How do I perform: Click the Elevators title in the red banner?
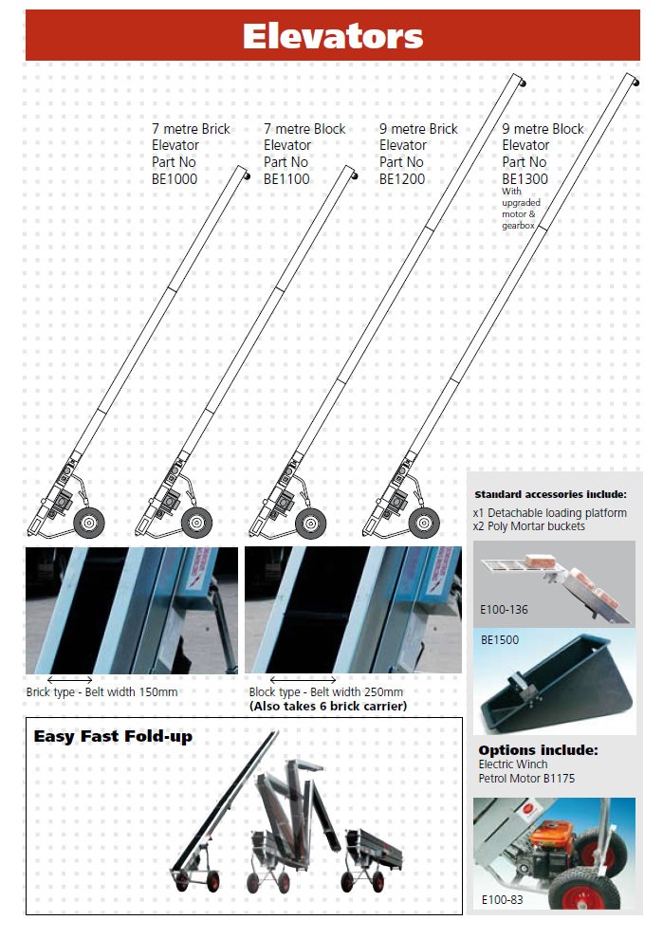pyautogui.click(x=332, y=36)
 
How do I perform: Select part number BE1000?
pyautogui.click(x=175, y=179)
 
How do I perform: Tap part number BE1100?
pyautogui.click(x=286, y=179)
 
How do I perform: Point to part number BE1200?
pyautogui.click(x=402, y=179)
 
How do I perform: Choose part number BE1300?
pyautogui.click(x=525, y=179)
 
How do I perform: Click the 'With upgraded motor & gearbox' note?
pyautogui.click(x=519, y=209)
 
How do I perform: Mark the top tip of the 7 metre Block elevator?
pyautogui.click(x=355, y=175)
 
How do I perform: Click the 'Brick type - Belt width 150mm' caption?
pyautogui.click(x=101, y=691)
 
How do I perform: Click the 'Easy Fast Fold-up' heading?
pyautogui.click(x=113, y=737)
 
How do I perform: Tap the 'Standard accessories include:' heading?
pyautogui.click(x=550, y=494)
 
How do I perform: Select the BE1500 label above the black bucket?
pyautogui.click(x=500, y=639)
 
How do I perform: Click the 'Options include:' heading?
pyautogui.click(x=538, y=749)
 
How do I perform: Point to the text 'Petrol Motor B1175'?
pyautogui.click(x=526, y=779)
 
